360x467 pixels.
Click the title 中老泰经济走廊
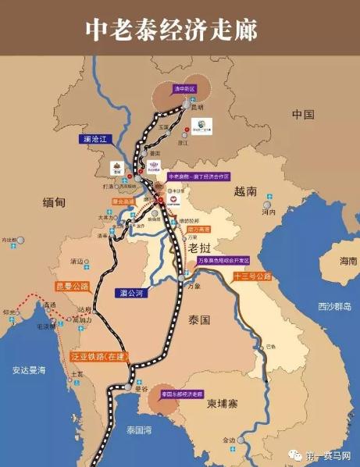pos(173,30)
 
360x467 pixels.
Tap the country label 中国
pos(302,114)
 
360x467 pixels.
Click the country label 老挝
pos(200,247)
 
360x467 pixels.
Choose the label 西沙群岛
pos(333,305)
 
